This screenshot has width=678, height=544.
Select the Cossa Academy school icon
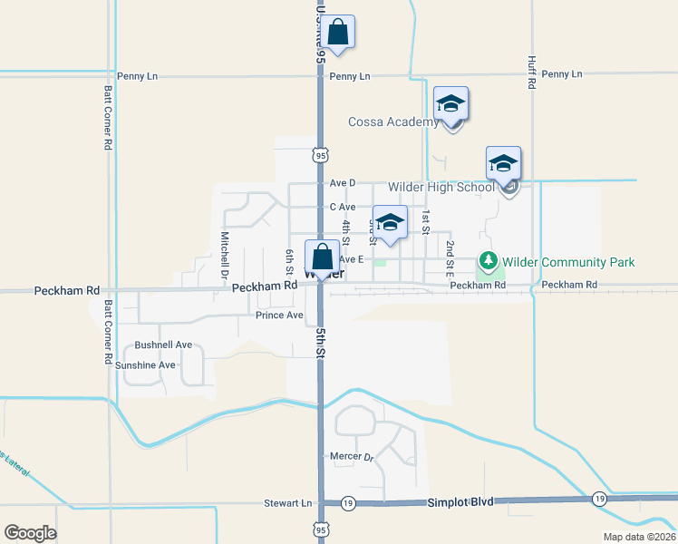click(x=450, y=104)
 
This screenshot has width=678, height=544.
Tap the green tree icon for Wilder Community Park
click(x=489, y=262)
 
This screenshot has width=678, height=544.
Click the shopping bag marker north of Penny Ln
click(x=337, y=33)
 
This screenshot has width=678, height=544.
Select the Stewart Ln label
click(x=287, y=502)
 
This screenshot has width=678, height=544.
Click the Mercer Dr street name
click(x=349, y=456)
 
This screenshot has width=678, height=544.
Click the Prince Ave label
click(x=279, y=316)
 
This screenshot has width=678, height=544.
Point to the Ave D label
click(x=343, y=182)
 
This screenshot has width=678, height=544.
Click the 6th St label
click(x=290, y=262)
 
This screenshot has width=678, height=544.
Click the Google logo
click(x=30, y=532)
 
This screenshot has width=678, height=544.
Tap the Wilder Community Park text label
click(x=568, y=262)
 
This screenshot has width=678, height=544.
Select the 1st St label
click(x=425, y=220)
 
